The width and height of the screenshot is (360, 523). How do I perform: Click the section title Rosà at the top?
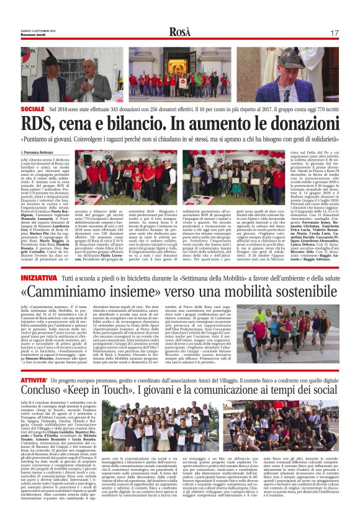pos(179,32)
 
